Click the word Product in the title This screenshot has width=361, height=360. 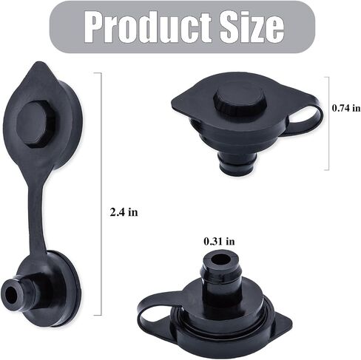coord(148,27)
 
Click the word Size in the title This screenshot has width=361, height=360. coord(252,27)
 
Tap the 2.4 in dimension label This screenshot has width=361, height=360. coord(124,212)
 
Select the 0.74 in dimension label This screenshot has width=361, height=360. coord(346,108)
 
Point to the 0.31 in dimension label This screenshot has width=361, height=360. coord(219,241)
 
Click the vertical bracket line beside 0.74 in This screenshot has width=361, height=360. coord(328,123)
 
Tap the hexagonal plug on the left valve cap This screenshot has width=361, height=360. coord(36,125)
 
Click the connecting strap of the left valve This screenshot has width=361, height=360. coord(36,212)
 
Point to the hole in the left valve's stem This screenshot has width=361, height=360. coord(11,295)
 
